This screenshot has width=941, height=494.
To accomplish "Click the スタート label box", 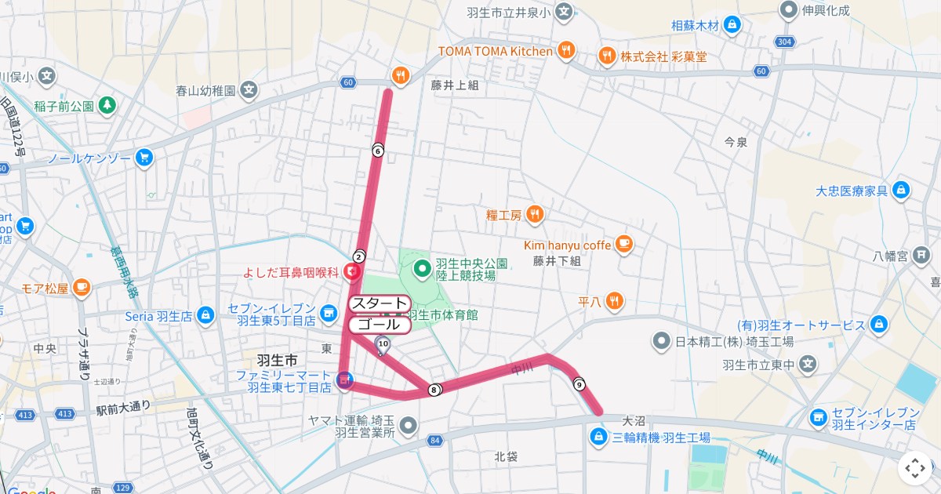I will (379, 303).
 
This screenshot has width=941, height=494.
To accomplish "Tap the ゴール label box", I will (379, 325).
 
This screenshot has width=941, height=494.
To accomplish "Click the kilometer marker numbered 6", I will (377, 151).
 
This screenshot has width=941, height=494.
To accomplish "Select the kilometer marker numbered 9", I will (579, 384).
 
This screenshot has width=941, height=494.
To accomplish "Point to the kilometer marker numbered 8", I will (434, 390).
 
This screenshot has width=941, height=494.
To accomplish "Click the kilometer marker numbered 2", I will (358, 256).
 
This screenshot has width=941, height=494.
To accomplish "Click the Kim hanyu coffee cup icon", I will (623, 245).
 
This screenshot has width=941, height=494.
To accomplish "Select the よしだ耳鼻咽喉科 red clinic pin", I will (352, 272).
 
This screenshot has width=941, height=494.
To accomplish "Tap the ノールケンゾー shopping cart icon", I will (143, 158).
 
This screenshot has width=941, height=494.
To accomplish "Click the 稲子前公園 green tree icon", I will (107, 105).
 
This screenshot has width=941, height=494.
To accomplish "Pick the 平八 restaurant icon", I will (614, 300).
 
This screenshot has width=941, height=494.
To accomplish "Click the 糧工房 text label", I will (503, 215).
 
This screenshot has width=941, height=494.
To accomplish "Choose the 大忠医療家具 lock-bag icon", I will (900, 190).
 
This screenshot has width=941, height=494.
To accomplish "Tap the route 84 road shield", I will (434, 441).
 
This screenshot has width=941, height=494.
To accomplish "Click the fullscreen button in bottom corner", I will (915, 468).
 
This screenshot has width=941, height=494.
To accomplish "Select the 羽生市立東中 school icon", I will (808, 365).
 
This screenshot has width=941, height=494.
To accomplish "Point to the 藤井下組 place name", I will (556, 261).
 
